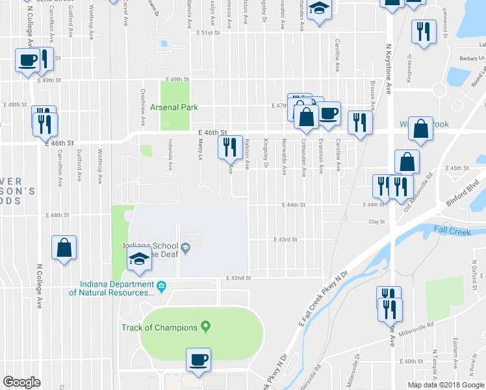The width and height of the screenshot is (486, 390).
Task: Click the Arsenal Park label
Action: click(x=173, y=107)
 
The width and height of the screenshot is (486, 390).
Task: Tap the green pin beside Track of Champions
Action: click(x=206, y=326)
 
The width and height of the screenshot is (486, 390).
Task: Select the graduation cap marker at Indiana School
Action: click(x=140, y=259)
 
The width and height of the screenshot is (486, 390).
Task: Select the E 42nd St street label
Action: click(x=238, y=278)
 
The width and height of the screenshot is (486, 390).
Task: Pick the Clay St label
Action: click(x=377, y=222)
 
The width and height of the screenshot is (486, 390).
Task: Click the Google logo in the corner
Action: click(x=21, y=382)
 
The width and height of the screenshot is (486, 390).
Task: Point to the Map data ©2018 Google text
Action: click(x=446, y=385)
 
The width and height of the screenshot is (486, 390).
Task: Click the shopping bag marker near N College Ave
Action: click(x=64, y=248)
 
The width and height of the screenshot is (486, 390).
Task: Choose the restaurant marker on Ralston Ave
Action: click(x=229, y=147)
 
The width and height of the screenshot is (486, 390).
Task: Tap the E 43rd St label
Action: click(x=285, y=239)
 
